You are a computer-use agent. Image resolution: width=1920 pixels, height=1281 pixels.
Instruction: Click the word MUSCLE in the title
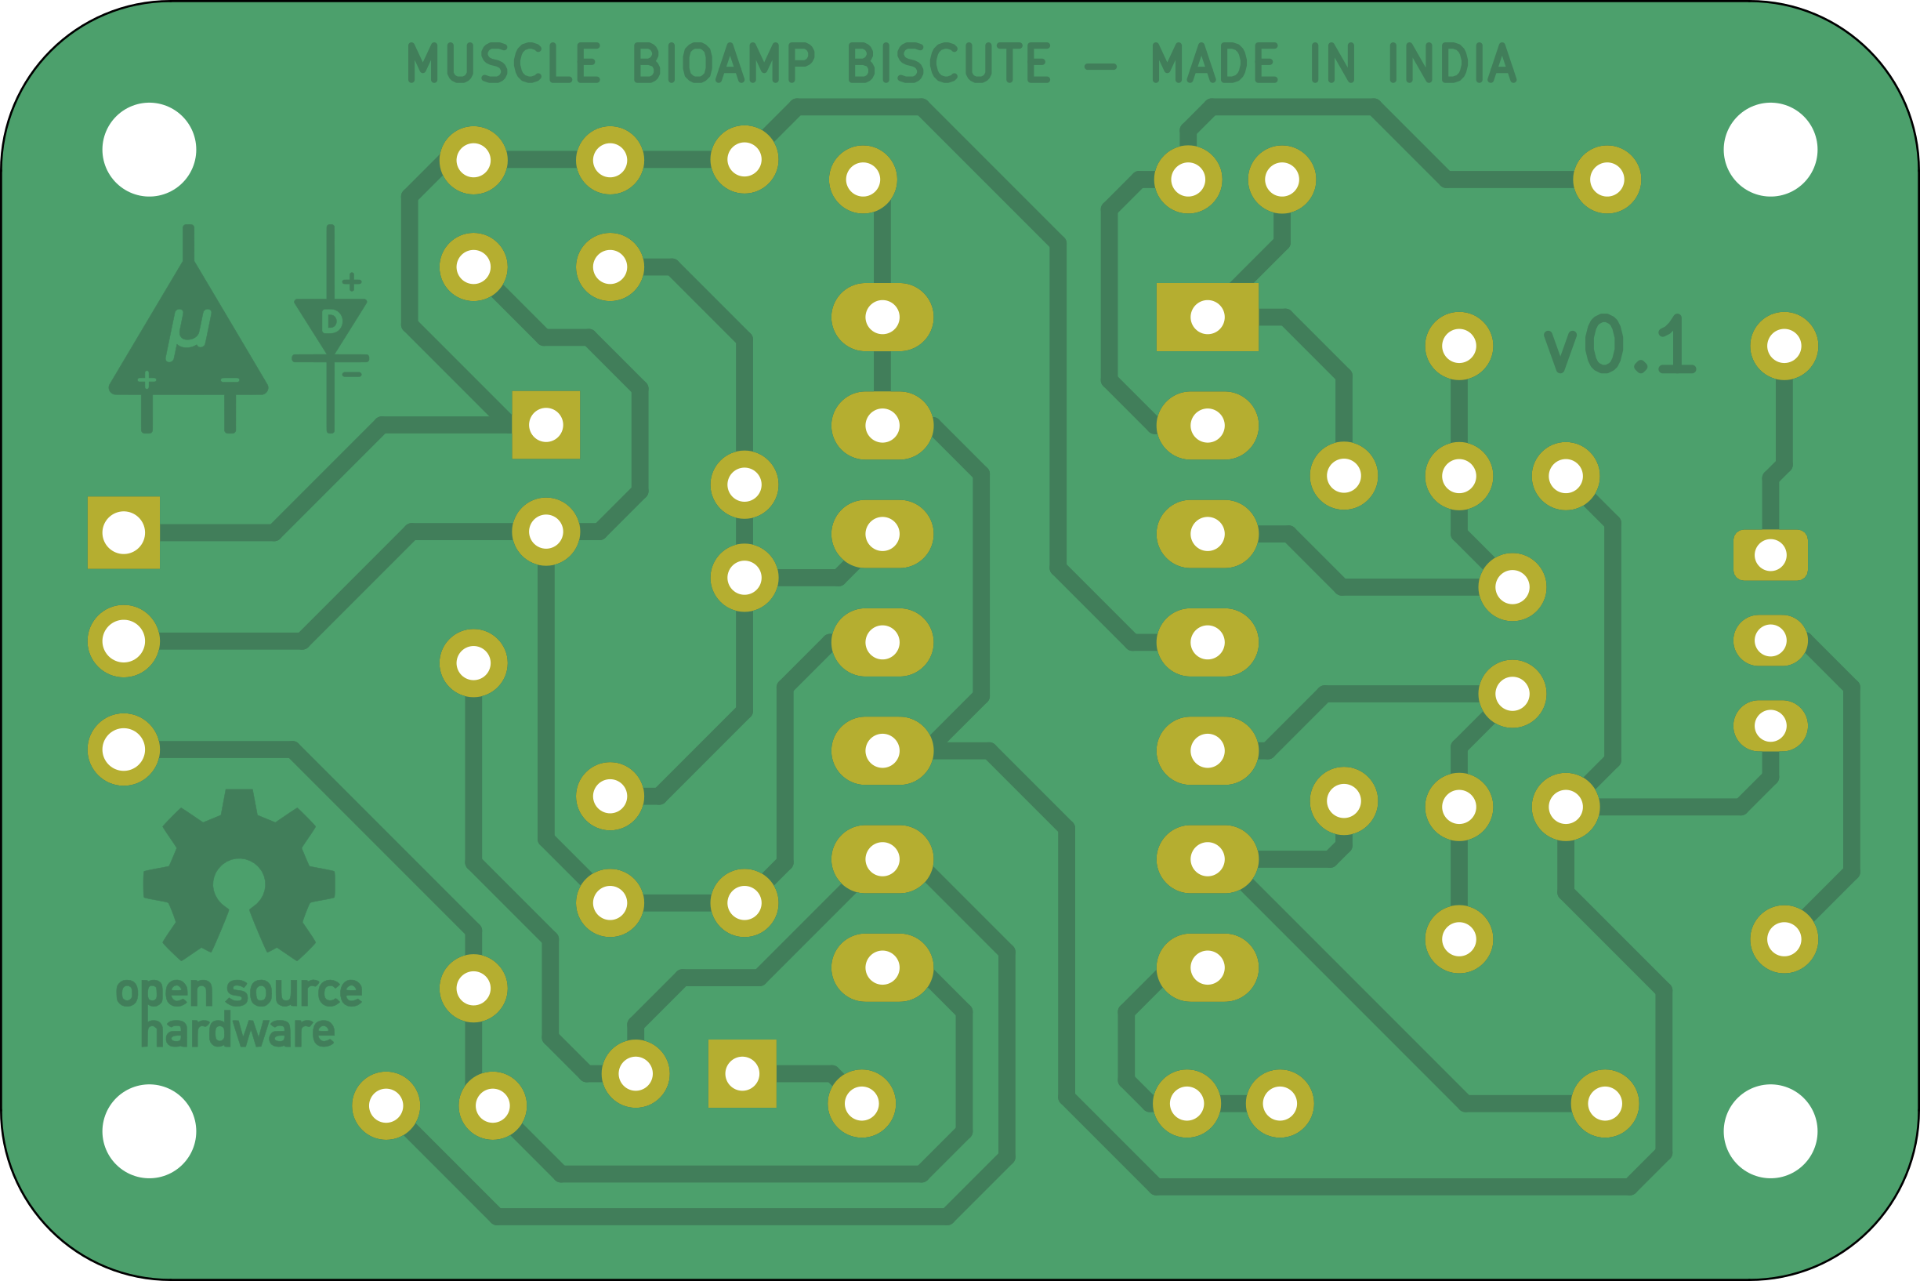(504, 64)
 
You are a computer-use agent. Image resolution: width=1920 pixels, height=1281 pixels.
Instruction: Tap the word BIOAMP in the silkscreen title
(723, 64)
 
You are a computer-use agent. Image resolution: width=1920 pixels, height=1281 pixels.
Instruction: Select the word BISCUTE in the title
(948, 64)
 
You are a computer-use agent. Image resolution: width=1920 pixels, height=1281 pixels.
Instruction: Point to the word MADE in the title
(1215, 64)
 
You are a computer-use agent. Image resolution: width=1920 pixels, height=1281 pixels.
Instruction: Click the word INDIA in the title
(1452, 64)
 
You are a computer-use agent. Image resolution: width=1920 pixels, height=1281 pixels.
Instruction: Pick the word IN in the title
(1333, 64)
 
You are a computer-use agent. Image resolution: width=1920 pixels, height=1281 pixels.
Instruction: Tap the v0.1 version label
(1620, 346)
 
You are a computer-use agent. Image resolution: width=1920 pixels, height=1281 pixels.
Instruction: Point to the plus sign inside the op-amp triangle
(147, 379)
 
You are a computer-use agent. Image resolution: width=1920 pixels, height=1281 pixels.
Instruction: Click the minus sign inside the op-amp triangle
(230, 380)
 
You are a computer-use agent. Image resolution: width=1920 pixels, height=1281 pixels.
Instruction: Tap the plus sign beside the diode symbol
(352, 282)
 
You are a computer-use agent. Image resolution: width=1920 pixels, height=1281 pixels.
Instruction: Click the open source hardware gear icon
(238, 874)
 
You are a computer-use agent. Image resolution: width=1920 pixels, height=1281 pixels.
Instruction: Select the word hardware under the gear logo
(237, 1032)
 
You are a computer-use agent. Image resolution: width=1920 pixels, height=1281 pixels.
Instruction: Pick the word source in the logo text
(294, 993)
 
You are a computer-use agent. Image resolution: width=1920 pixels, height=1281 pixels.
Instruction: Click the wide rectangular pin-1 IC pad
(1207, 317)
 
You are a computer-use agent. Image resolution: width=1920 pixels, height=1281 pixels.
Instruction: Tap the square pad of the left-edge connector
(123, 532)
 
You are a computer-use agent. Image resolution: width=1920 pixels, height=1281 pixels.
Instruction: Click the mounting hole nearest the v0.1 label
(1770, 150)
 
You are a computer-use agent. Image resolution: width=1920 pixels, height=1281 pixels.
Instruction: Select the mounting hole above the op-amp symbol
(150, 150)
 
